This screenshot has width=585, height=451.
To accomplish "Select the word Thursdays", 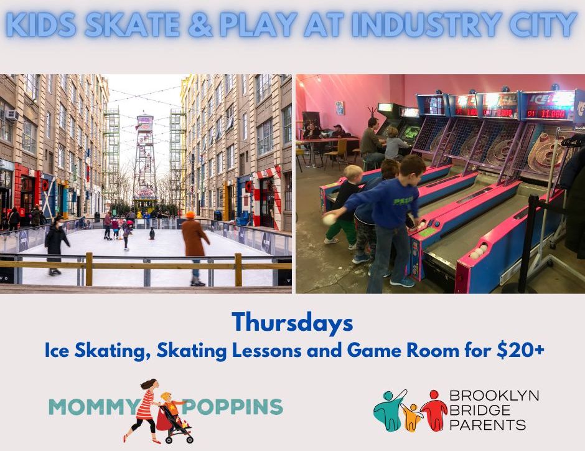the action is click(x=292, y=323).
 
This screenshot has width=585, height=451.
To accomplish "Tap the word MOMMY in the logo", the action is click(x=93, y=407).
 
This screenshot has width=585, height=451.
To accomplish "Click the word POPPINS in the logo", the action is click(x=232, y=407).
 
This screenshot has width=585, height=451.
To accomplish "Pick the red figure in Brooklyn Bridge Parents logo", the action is click(x=434, y=410).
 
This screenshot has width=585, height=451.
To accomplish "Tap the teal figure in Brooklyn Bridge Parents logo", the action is click(x=388, y=410).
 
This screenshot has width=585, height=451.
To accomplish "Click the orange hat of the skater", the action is click(x=190, y=215).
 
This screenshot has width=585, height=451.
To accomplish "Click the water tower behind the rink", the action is click(x=145, y=157).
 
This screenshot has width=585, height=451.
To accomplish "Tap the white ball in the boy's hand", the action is click(x=329, y=219).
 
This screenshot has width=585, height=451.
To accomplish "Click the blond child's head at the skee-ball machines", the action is click(x=353, y=174).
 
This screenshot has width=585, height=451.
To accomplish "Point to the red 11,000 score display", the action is click(x=547, y=113).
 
